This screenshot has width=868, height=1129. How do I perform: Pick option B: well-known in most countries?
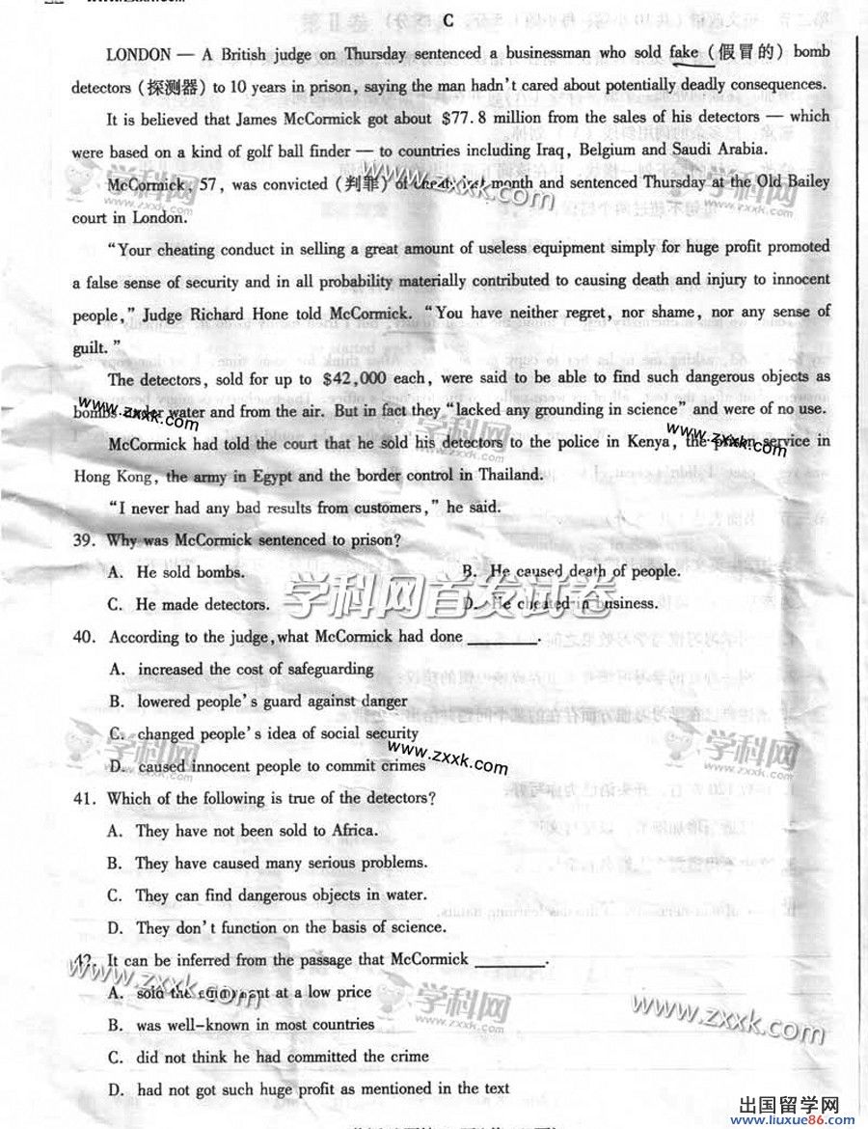pos(241,1025)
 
